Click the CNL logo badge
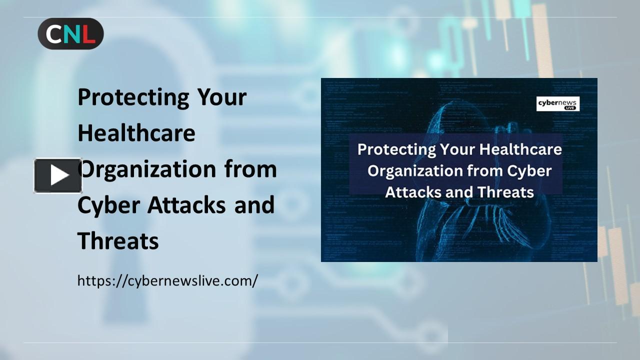[x=70, y=33]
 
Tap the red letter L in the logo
[x=87, y=34]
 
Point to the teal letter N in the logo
[x=70, y=34]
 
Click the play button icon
[x=58, y=175]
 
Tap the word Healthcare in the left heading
[x=136, y=133]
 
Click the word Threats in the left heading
[x=118, y=241]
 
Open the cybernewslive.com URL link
[x=167, y=280]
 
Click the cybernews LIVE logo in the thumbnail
[x=558, y=104]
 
